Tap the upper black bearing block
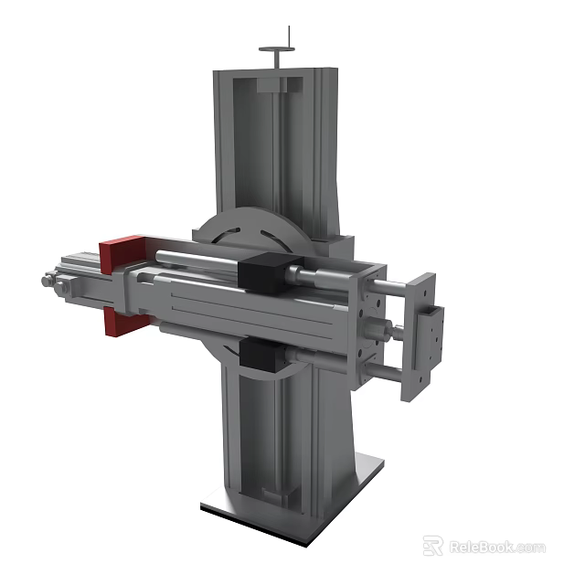coord(264,271)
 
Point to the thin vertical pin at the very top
coord(288,36)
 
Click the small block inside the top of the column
coord(279,86)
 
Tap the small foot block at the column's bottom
coord(278,495)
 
